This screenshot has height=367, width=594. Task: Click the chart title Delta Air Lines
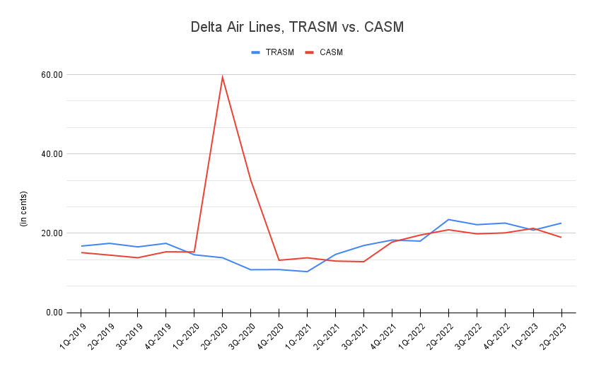pos(297,28)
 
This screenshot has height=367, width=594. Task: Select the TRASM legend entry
pos(273,52)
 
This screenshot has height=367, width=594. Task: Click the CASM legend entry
pos(325,52)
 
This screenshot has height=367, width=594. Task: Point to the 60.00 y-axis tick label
pos(52,74)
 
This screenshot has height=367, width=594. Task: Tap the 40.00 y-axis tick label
pos(52,153)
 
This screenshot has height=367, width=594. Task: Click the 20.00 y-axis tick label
pos(52,233)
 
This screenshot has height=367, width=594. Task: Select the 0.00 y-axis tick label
pos(55,313)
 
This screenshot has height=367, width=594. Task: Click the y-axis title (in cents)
pos(23,209)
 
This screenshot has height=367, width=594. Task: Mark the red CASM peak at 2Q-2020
pos(222,76)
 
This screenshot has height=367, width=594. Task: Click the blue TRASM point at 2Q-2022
pos(448,219)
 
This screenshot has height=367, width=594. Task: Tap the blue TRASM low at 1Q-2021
pos(307,272)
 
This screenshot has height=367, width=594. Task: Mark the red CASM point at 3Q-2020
pos(250,180)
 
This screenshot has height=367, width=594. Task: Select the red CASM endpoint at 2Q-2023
pos(561,237)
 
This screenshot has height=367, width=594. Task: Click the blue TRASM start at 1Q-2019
pos(81,246)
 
